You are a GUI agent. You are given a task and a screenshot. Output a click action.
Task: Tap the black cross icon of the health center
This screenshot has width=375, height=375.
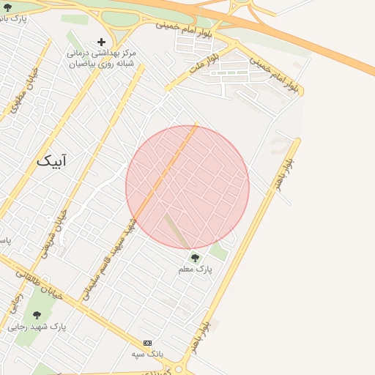(x=101, y=42)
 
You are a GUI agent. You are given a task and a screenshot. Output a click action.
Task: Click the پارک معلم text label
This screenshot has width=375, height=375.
(x=196, y=270)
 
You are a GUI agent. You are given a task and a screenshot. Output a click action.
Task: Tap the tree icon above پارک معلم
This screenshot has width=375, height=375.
(x=195, y=258)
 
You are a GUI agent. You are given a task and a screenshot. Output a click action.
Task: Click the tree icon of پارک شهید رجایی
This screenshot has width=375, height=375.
(x=37, y=315)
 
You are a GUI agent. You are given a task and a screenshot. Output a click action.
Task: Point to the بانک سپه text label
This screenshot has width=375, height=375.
(x=146, y=354)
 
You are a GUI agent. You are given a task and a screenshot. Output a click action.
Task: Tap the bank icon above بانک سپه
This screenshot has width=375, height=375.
(x=147, y=343)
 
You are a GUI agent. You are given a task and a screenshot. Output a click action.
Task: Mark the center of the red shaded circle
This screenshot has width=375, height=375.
(x=187, y=187)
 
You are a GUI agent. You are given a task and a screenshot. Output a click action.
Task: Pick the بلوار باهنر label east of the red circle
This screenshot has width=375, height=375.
(x=283, y=171)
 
